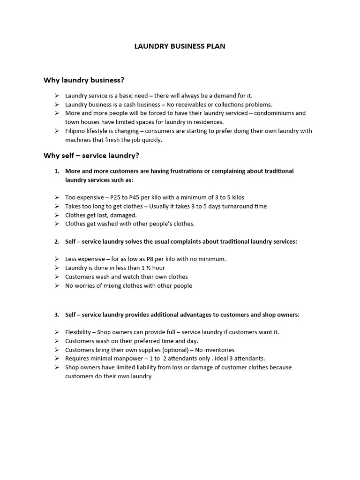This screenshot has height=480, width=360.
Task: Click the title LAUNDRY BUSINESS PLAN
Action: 180,46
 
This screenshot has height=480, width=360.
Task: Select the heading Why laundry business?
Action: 84,80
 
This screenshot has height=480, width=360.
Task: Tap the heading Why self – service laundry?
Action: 91,156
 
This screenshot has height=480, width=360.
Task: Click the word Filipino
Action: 76,131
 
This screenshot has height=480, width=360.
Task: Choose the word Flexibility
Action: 78,332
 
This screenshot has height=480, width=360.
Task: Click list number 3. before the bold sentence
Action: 57,315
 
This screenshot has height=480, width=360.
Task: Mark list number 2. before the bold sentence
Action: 57,241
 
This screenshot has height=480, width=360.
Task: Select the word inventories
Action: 219,350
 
